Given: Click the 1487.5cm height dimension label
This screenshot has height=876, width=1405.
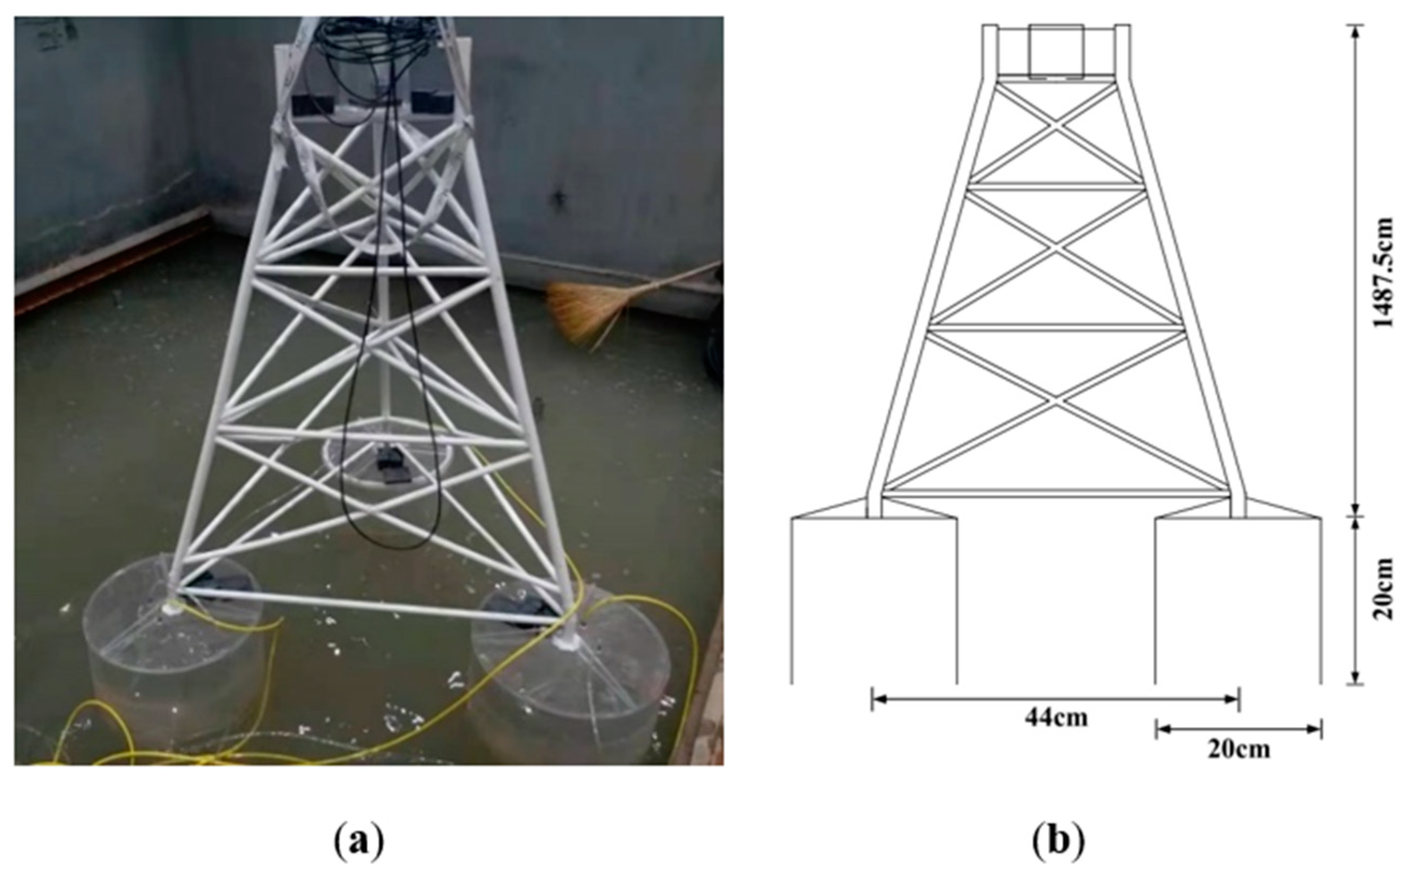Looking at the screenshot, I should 1383,272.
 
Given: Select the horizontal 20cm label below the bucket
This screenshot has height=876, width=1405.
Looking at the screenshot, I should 1239,750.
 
